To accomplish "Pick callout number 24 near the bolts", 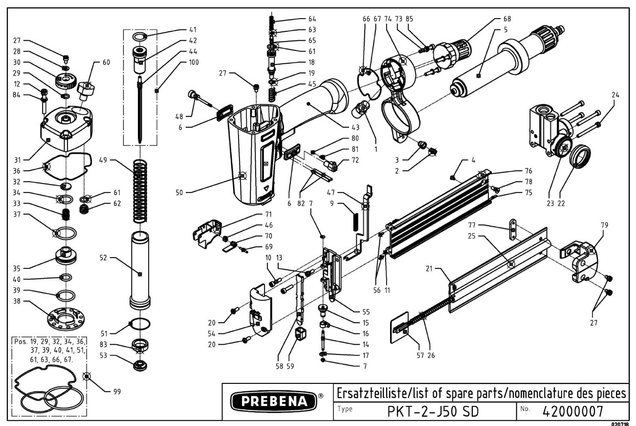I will (615, 95).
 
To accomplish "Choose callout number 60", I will (106, 62).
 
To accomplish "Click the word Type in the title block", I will (345, 408).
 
